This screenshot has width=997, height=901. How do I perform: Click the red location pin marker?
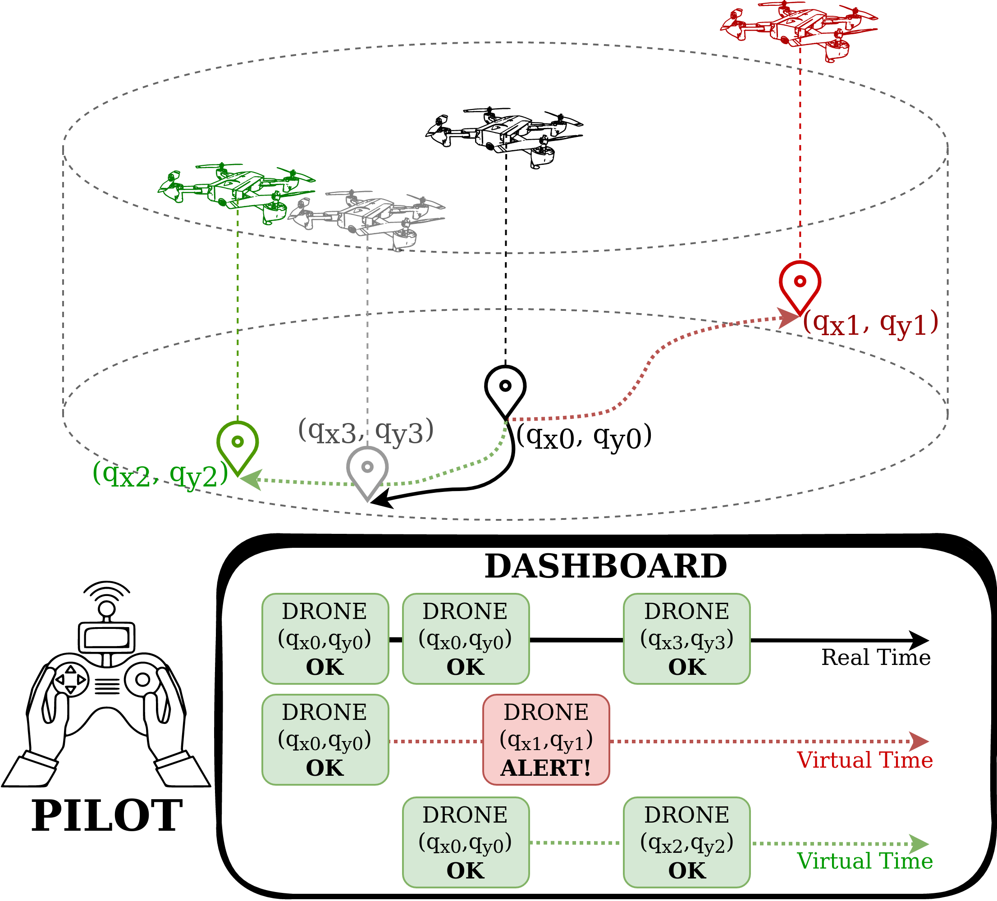800,285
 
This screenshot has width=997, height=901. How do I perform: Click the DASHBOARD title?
606,566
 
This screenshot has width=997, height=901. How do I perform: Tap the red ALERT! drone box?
546,740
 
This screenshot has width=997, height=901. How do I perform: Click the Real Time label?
876,658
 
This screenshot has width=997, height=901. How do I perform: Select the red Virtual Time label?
864,760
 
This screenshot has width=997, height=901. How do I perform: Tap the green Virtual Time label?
864,861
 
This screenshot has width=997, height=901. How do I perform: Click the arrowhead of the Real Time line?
920,640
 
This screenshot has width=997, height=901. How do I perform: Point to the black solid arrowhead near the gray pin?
382,500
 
